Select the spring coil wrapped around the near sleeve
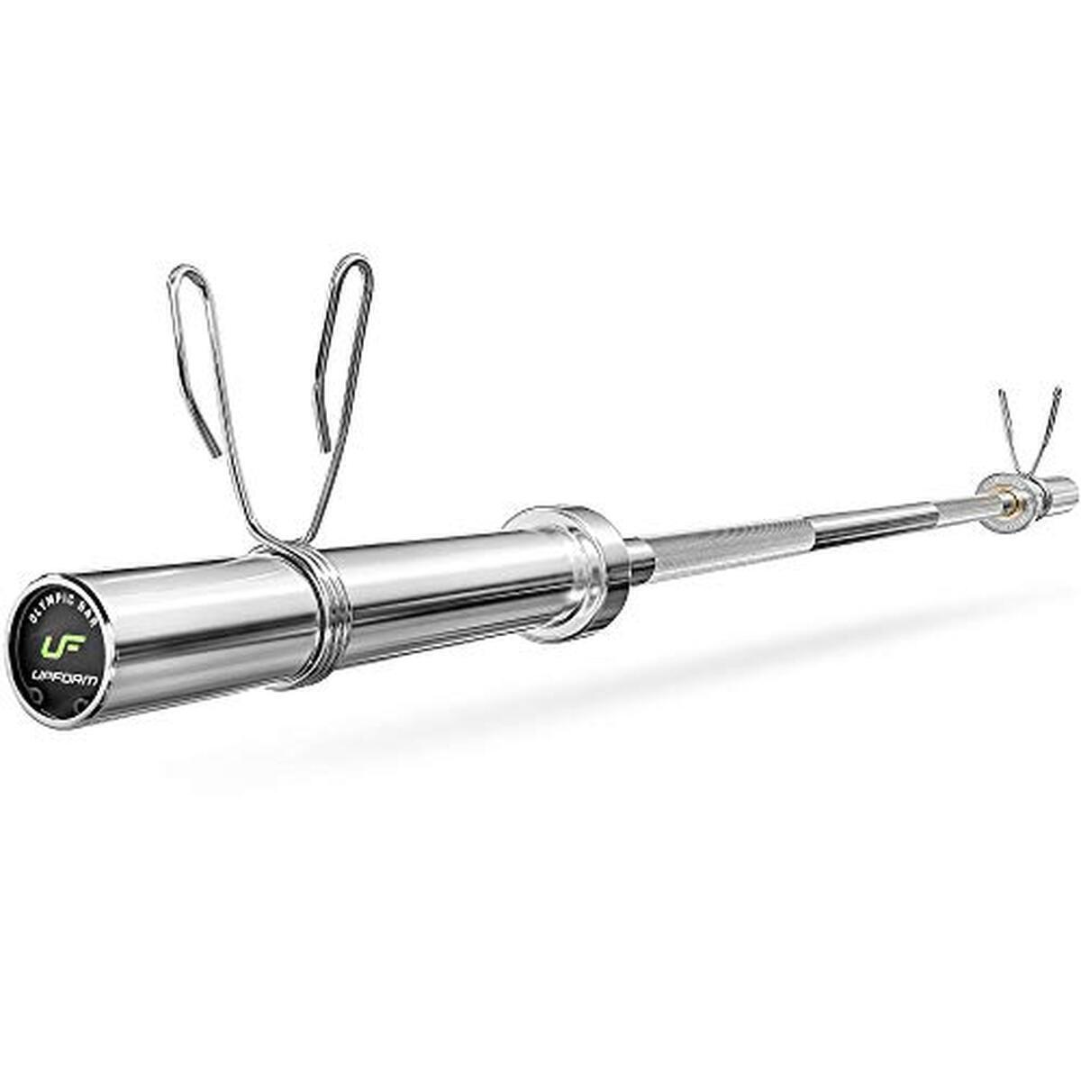point(315,622)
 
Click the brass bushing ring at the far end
point(1007,496)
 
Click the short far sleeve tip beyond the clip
point(1063,490)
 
